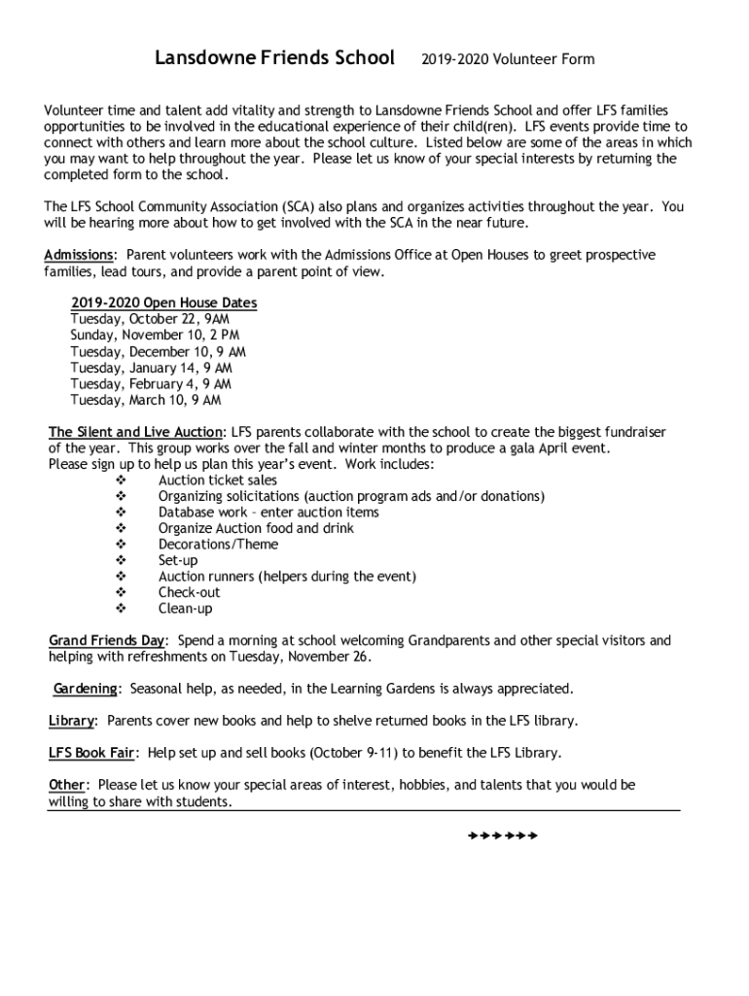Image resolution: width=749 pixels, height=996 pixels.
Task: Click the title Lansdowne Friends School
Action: [275, 58]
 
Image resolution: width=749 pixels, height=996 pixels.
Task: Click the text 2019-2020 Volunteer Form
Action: [508, 60]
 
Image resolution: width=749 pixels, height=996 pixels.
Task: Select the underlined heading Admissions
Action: [78, 256]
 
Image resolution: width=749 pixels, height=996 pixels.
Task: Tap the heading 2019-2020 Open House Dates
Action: [163, 303]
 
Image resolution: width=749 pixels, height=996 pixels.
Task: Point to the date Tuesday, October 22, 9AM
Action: [150, 319]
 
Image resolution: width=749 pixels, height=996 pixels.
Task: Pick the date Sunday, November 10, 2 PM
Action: [155, 336]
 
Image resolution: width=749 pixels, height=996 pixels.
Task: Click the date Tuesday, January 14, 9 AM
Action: [151, 368]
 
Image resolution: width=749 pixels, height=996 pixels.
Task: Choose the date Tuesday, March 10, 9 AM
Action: [145, 400]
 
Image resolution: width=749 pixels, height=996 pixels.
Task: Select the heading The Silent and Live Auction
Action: [136, 432]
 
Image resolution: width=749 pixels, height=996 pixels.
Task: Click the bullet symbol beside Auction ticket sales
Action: [121, 480]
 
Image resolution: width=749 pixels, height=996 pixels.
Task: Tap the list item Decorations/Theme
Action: [218, 545]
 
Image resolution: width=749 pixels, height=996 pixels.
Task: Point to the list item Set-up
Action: [178, 561]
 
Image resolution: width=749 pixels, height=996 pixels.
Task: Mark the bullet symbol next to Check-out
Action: [121, 592]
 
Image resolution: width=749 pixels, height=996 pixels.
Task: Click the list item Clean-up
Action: [185, 609]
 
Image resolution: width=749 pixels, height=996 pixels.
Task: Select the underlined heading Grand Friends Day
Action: [107, 641]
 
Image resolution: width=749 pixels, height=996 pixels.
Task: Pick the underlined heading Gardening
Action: [86, 689]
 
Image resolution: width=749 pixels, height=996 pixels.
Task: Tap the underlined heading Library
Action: [72, 722]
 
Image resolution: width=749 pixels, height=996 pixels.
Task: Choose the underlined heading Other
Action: [67, 785]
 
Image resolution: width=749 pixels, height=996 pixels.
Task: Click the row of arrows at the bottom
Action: [502, 836]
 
